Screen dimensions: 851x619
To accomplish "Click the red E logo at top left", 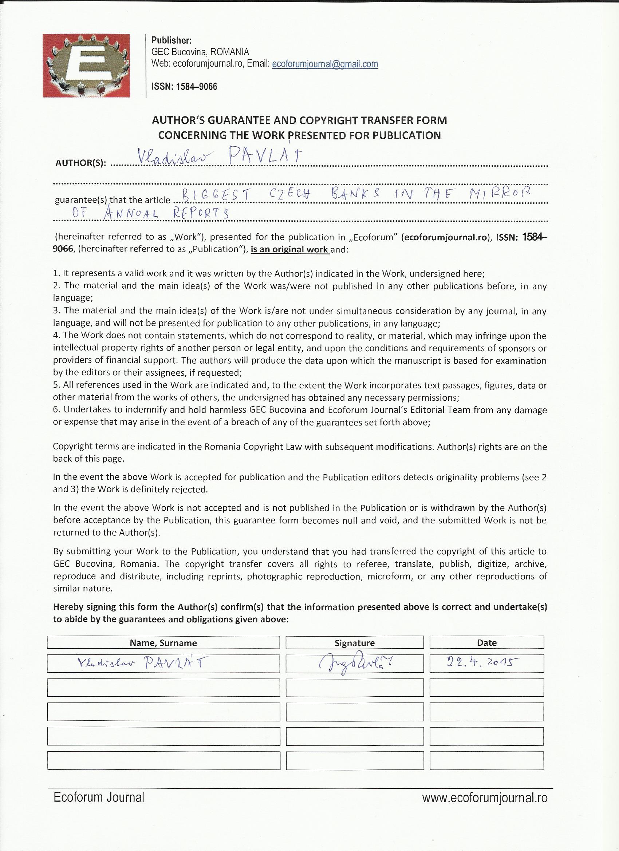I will [x=86, y=66].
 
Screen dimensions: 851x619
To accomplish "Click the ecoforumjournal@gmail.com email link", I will [x=325, y=64].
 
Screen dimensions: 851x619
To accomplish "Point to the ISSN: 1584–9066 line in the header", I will [x=184, y=87].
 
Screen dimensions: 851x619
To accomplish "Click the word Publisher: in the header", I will [x=171, y=40].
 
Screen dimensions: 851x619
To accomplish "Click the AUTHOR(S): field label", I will [x=81, y=163].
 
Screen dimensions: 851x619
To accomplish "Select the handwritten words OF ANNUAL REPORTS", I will [x=150, y=214].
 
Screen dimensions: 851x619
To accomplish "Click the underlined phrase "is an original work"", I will [x=290, y=250].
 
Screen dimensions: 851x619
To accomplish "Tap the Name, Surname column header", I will [x=163, y=643].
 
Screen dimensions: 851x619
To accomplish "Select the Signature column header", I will [x=354, y=643].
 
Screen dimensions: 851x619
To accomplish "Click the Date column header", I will [x=486, y=643].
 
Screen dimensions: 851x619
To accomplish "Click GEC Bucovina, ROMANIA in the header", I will [x=200, y=52].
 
